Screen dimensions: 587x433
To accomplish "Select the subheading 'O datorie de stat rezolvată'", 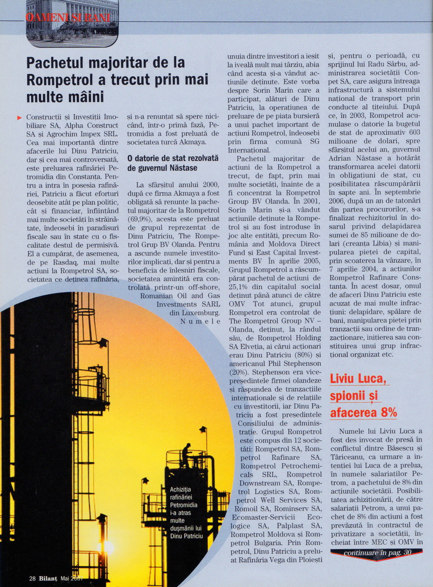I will click(173, 158).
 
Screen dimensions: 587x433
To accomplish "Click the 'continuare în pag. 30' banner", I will click(377, 553).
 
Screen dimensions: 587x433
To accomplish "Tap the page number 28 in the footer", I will click(32, 578).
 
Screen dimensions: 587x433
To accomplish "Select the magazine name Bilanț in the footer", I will click(48, 578).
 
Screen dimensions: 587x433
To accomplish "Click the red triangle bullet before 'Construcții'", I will click(19, 117).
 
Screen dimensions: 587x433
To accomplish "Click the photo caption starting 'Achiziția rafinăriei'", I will click(186, 513).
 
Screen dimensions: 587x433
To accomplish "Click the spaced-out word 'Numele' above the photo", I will click(200, 321).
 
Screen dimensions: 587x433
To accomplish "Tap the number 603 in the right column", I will click(414, 132).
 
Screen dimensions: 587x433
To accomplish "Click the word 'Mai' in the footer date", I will click(65, 578).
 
